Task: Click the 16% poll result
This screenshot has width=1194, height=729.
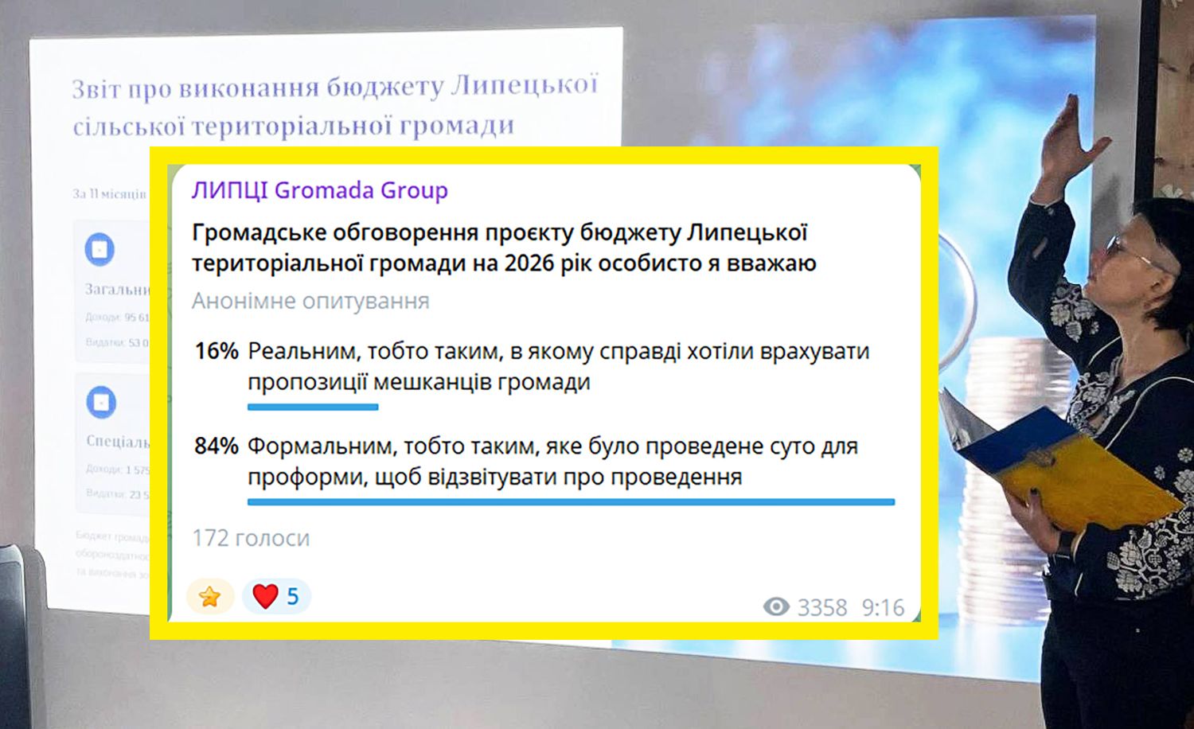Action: pyautogui.click(x=217, y=352)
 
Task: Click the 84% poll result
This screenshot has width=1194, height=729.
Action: pyautogui.click(x=217, y=446)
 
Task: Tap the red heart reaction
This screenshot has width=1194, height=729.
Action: pyautogui.click(x=265, y=596)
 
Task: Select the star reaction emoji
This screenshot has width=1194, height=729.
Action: pyautogui.click(x=209, y=596)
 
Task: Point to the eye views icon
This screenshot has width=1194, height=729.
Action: pyautogui.click(x=776, y=607)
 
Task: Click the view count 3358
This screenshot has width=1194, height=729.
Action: pyautogui.click(x=822, y=608)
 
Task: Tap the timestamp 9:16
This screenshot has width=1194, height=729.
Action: pyautogui.click(x=883, y=608)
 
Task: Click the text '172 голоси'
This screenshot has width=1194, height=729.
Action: pyautogui.click(x=251, y=539)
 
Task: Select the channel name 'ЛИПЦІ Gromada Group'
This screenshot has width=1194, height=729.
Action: pyautogui.click(x=319, y=191)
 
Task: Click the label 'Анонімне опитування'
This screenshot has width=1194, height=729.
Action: pyautogui.click(x=310, y=301)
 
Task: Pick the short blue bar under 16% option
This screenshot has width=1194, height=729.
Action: pyautogui.click(x=313, y=407)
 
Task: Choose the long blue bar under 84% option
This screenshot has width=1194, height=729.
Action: pyautogui.click(x=571, y=502)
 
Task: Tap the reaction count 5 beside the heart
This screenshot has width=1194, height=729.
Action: pyautogui.click(x=293, y=596)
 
